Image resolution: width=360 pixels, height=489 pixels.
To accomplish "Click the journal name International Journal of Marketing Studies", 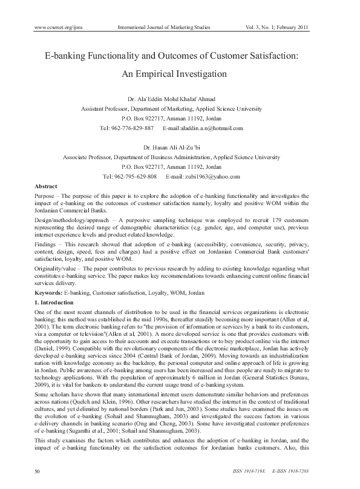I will point(171,27).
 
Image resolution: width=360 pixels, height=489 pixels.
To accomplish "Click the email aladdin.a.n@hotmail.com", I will point(211,128).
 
